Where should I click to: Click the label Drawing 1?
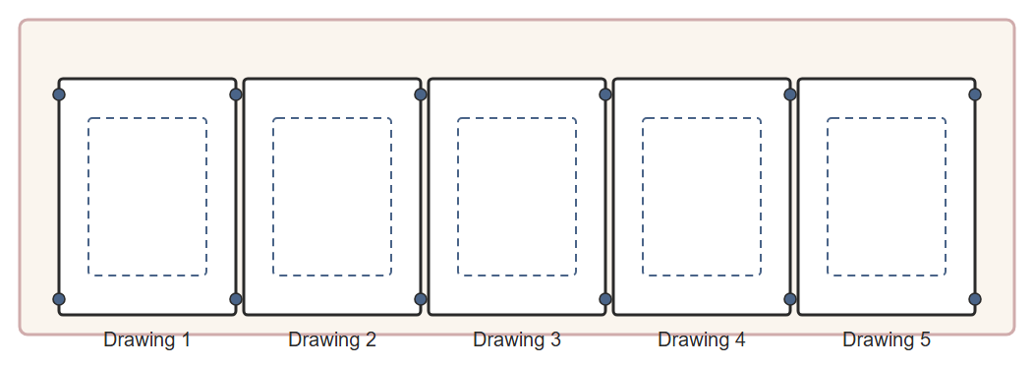point(147,339)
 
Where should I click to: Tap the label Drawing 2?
point(332,339)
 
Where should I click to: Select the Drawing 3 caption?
point(517,339)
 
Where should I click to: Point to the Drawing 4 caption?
point(702,339)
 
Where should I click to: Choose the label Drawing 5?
point(887,339)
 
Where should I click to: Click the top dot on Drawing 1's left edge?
point(59,94)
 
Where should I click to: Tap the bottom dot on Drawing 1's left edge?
point(59,299)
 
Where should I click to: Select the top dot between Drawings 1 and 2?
point(236,94)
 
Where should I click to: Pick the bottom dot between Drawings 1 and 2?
point(236,299)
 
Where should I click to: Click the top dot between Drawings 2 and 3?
point(421,94)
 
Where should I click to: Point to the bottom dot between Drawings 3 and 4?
point(605,299)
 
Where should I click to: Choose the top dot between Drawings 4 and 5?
point(790,94)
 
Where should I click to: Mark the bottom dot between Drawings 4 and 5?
point(790,299)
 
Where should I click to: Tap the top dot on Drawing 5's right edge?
point(975,94)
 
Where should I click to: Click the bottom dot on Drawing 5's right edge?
point(975,299)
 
